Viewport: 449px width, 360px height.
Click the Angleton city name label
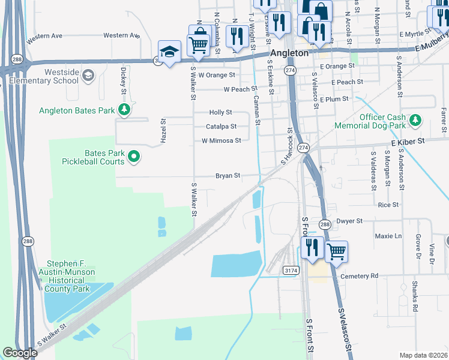click(289, 53)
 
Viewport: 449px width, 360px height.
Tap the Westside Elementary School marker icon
click(88, 75)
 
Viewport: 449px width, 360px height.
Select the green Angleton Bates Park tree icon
click(124, 109)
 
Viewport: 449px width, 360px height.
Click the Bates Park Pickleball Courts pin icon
click(134, 157)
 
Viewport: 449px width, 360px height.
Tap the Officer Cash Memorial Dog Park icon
click(415, 122)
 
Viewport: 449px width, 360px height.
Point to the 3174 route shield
click(291, 271)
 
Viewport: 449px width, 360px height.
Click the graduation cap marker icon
click(169, 52)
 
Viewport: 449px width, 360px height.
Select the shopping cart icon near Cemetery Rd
click(336, 251)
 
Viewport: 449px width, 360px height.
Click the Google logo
click(20, 353)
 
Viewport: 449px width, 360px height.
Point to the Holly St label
click(220, 112)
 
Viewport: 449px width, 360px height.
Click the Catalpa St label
click(221, 127)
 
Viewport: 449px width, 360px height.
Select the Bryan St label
click(228, 176)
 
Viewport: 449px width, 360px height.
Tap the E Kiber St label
click(408, 141)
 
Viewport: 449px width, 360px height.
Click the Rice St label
click(388, 205)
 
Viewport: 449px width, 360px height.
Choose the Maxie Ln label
click(388, 236)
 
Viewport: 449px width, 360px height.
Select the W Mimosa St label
click(221, 141)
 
